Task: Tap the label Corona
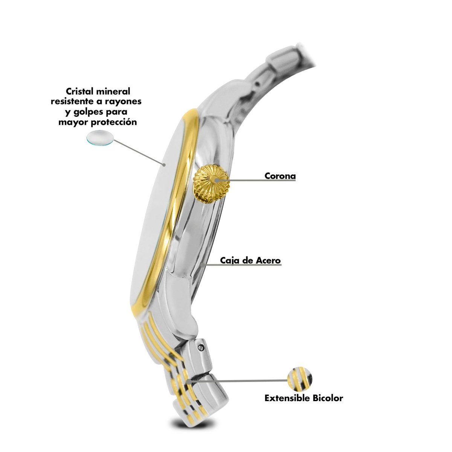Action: [280, 176]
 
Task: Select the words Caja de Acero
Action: [250, 260]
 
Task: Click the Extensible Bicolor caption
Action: [304, 398]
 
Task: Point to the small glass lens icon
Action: [100, 138]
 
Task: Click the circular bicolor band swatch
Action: [300, 379]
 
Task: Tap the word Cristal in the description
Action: [80, 91]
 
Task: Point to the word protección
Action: [113, 122]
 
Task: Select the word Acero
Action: [268, 260]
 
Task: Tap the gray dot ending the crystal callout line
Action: [164, 165]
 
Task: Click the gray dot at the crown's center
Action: [216, 180]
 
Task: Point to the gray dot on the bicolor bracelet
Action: [189, 382]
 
